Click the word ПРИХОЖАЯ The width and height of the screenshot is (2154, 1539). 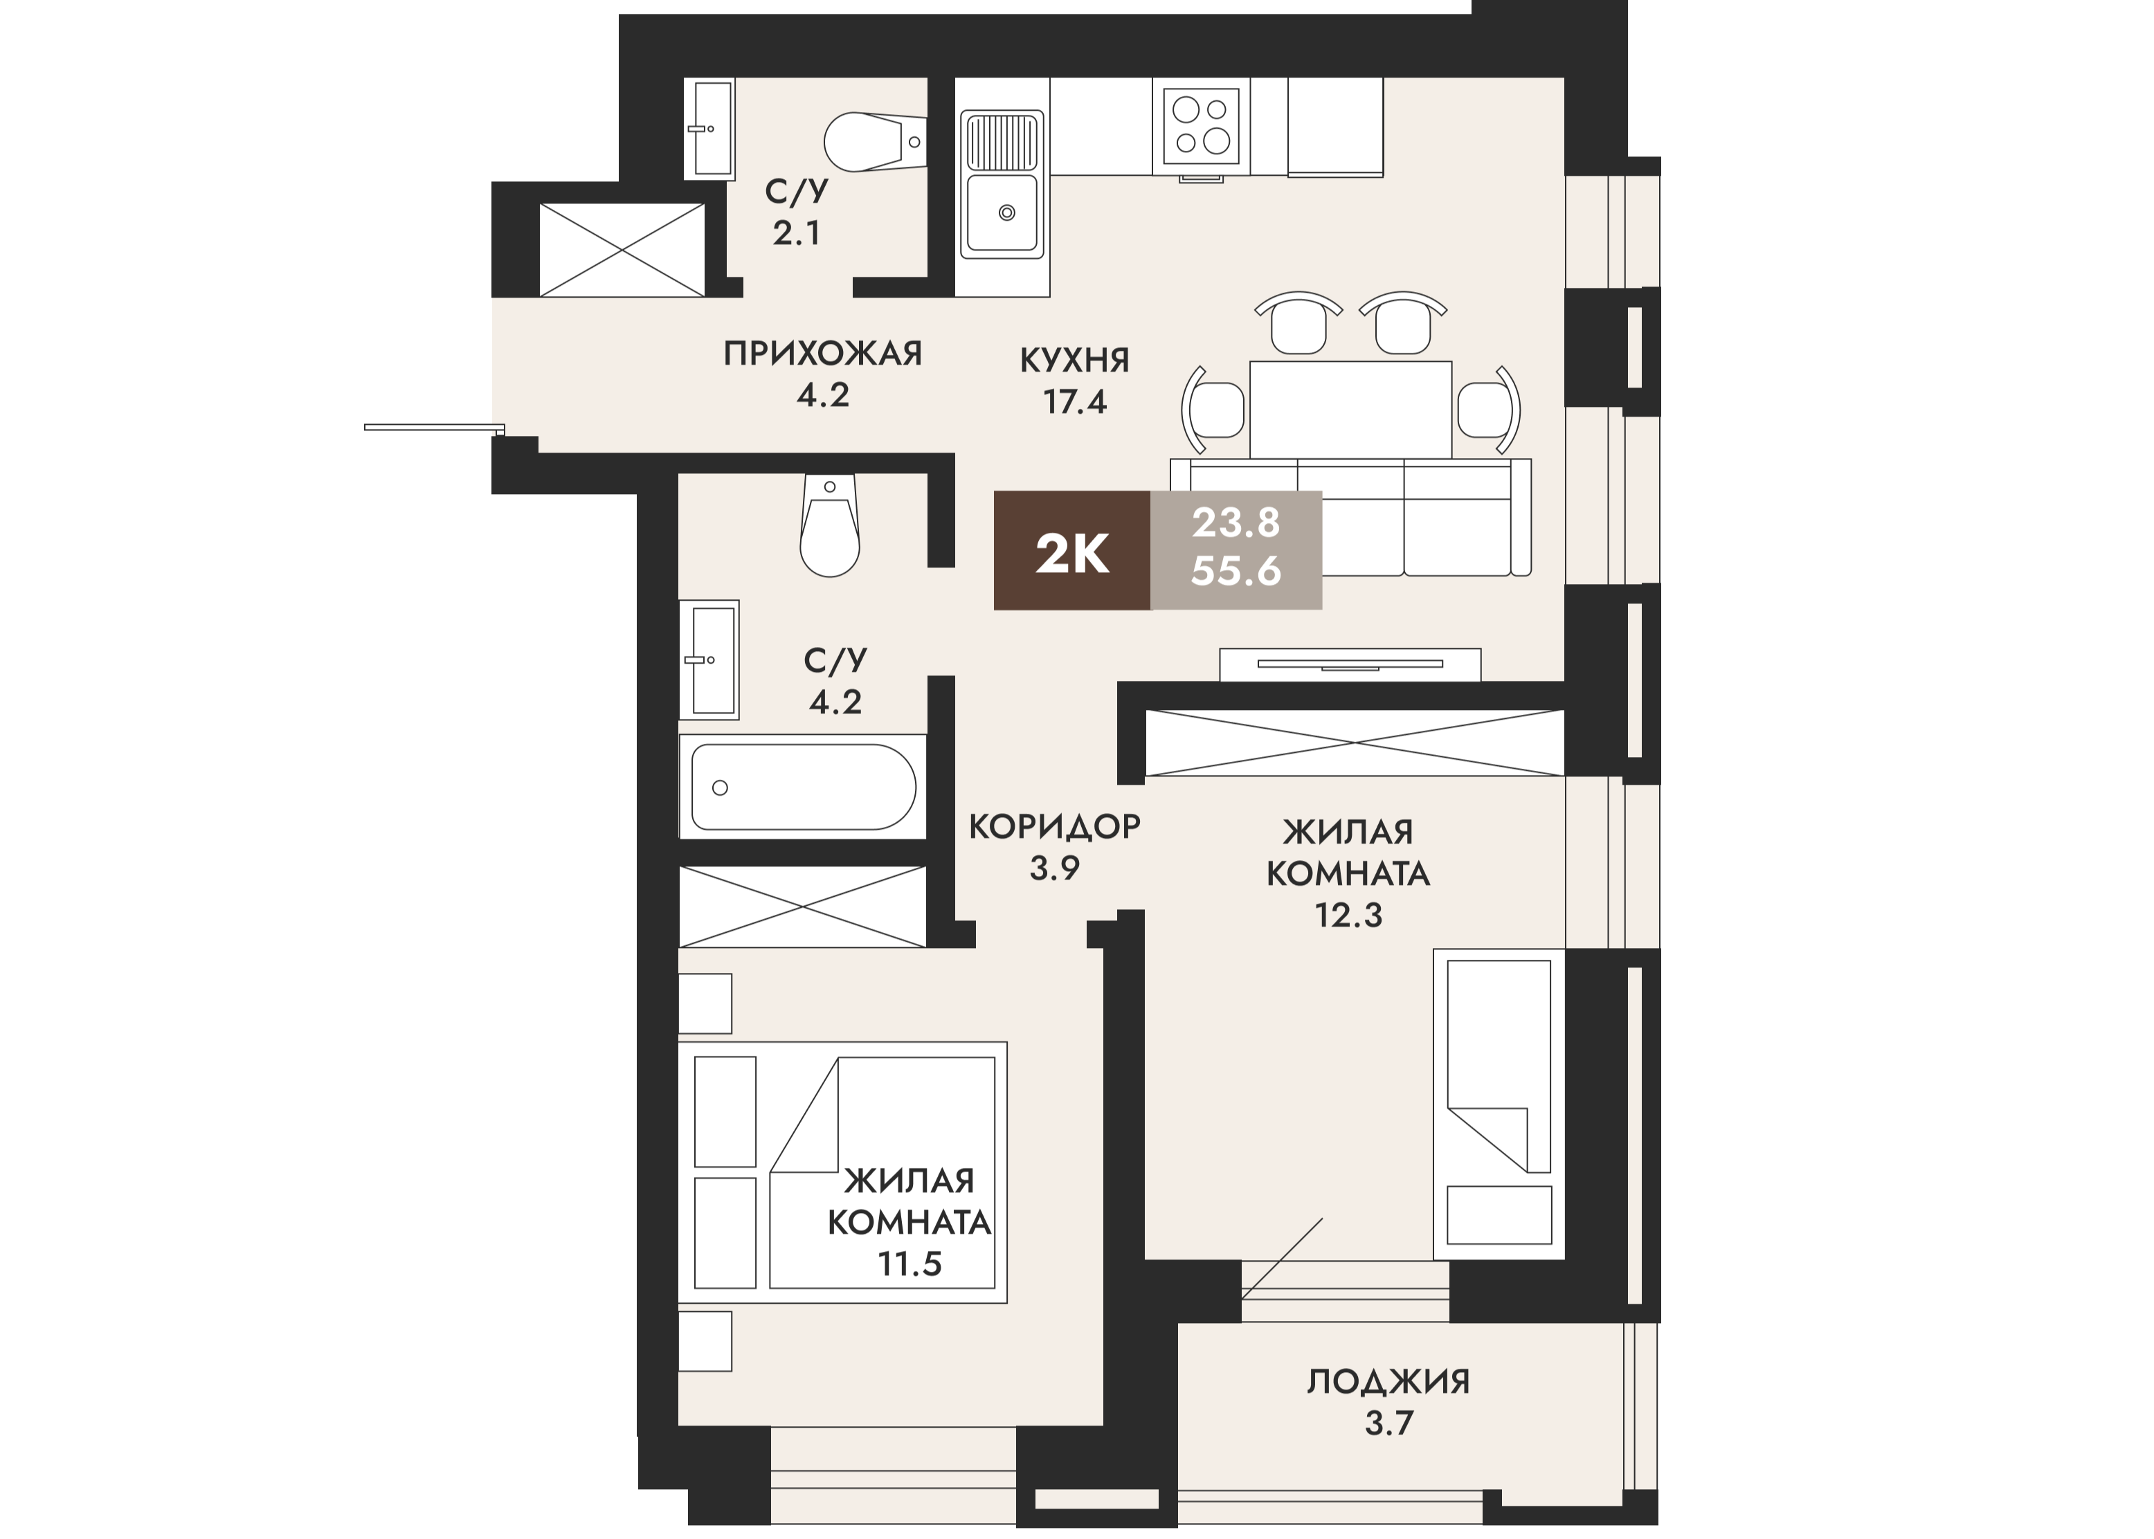click(x=822, y=354)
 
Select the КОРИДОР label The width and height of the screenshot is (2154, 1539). click(x=1055, y=826)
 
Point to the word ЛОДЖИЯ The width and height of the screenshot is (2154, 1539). click(x=1388, y=1382)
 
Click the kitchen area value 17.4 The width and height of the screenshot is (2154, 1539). click(x=1075, y=403)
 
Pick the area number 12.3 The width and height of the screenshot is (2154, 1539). click(x=1348, y=916)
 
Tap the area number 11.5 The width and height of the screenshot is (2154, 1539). click(x=909, y=1264)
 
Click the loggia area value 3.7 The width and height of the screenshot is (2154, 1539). click(x=1389, y=1423)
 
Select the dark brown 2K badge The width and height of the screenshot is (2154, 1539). click(x=1071, y=551)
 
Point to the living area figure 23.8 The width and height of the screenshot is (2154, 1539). click(x=1236, y=522)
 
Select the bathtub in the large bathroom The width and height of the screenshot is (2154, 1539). click(x=803, y=787)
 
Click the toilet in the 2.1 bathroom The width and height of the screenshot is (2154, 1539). click(x=874, y=142)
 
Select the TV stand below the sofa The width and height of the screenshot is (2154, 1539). click(x=1350, y=664)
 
